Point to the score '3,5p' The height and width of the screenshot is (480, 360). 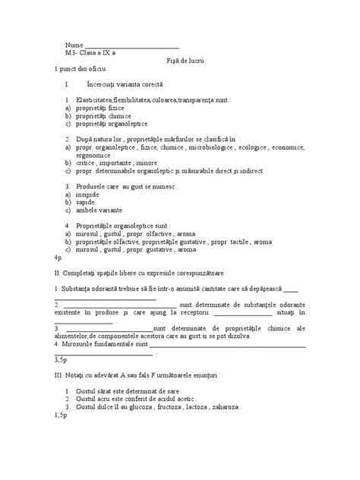pos(61,357)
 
